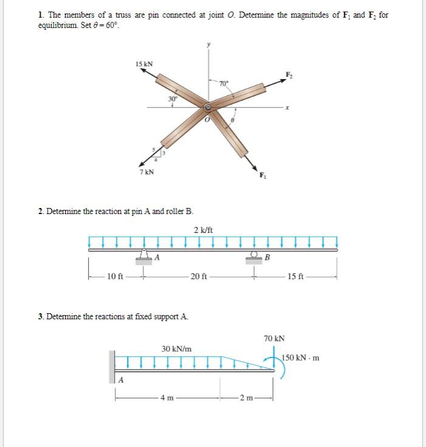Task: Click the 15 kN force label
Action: point(144,64)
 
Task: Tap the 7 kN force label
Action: point(146,172)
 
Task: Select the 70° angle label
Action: point(224,83)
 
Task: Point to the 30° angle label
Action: point(173,98)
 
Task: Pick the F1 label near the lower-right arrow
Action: point(263,177)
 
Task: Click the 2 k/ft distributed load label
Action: point(202,229)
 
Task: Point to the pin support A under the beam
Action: point(145,255)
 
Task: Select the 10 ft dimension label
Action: point(115,277)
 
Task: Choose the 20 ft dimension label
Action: point(199,277)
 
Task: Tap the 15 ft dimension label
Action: point(297,277)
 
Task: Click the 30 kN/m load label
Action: point(176,349)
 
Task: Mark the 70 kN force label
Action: point(274,338)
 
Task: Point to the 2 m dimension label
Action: point(246,398)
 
